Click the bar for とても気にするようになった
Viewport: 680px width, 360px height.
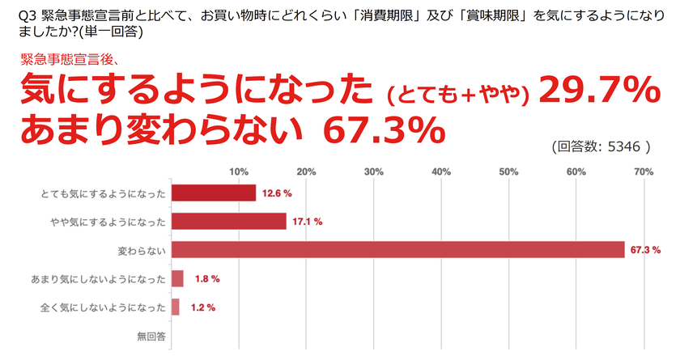click(x=214, y=193)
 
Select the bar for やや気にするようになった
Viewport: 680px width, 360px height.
click(x=229, y=222)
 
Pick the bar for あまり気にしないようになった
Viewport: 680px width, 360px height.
click(x=178, y=278)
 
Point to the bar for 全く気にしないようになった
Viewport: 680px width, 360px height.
click(x=176, y=307)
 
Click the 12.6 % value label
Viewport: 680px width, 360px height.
click(x=277, y=194)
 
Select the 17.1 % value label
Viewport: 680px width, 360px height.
click(x=308, y=222)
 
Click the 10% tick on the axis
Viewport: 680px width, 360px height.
click(x=239, y=171)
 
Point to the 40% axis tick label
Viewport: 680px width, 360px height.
click(x=441, y=171)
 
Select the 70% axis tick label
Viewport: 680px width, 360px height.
click(x=644, y=171)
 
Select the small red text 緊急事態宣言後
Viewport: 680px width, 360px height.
click(x=65, y=58)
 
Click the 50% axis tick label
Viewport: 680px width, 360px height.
click(x=508, y=171)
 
